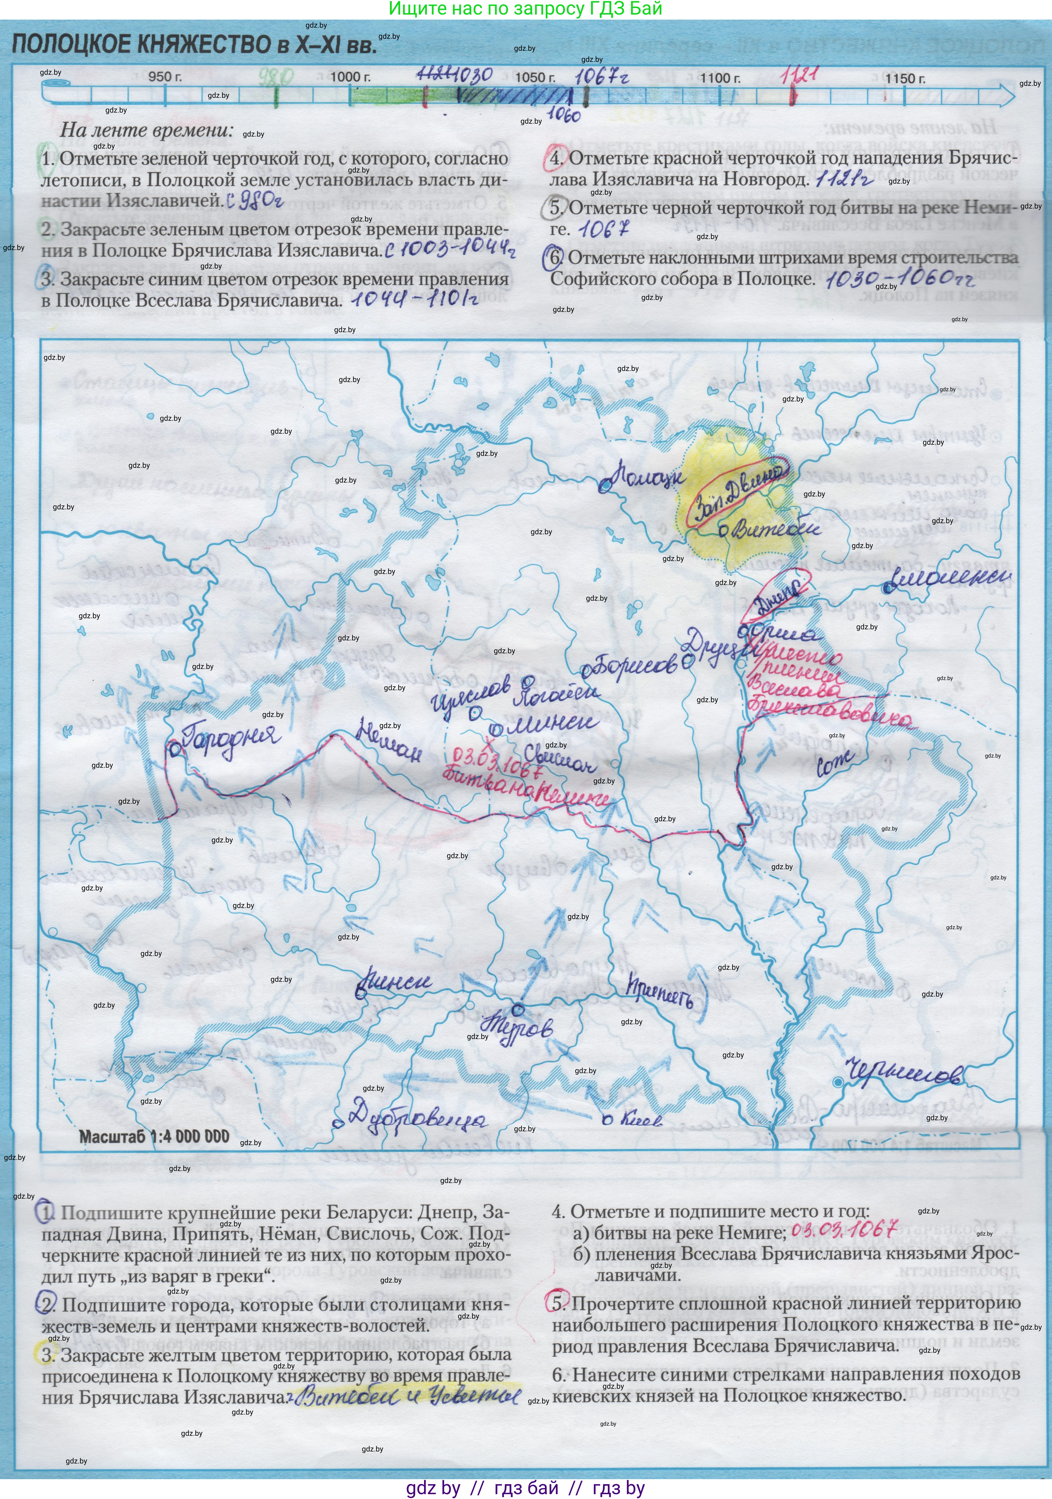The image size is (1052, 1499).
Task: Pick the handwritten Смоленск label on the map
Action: click(950, 578)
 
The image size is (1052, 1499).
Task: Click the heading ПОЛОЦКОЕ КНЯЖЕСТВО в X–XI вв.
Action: click(194, 44)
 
